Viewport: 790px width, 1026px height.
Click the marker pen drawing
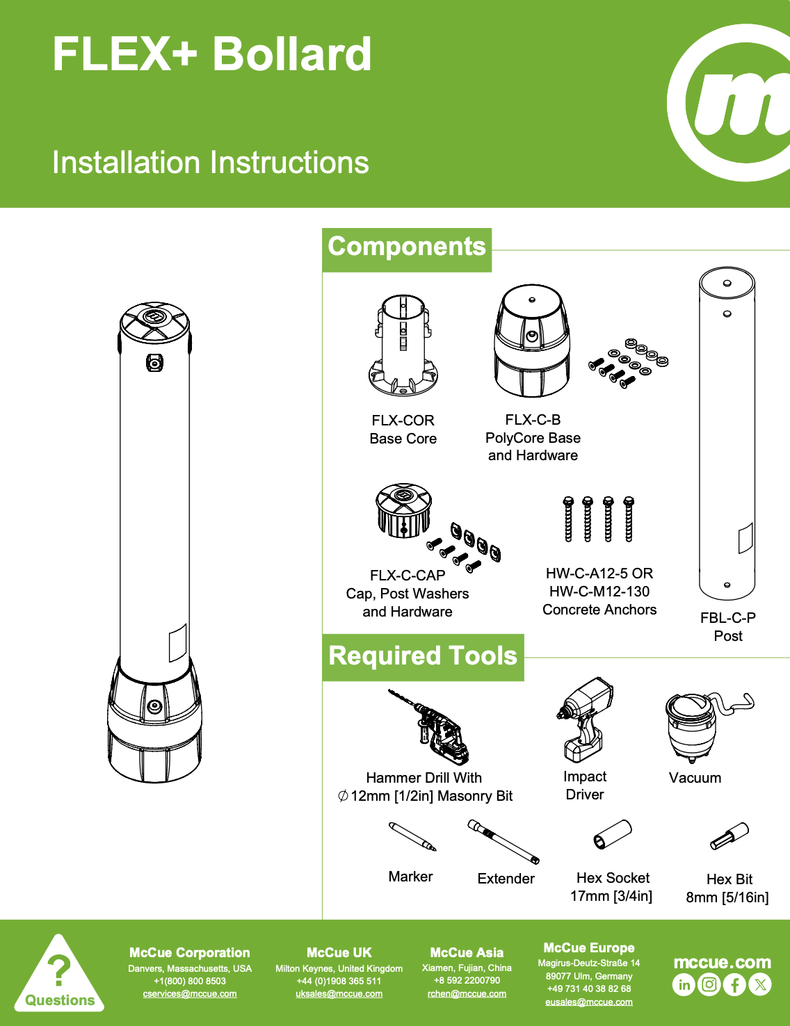coord(412,836)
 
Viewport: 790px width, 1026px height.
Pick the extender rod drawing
coord(503,842)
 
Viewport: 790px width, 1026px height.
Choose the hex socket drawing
coord(613,834)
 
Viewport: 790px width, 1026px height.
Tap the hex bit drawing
coord(729,836)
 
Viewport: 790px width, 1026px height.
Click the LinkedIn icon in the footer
coord(684,984)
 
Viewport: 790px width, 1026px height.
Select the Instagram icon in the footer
coord(709,984)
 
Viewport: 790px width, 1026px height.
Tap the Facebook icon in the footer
coord(735,984)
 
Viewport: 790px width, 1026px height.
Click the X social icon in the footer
coord(760,984)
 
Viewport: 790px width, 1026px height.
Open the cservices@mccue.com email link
coord(190,993)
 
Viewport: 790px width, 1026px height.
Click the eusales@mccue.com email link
coord(589,1002)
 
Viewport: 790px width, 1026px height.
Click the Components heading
coord(407,247)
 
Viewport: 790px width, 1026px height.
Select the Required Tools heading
coord(423,655)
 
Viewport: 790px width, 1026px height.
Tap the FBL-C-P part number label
coord(727,617)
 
